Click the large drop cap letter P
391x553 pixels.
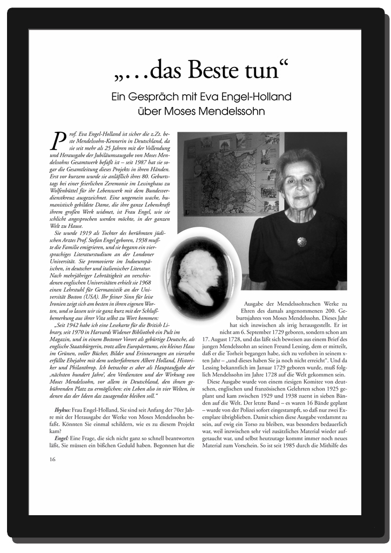(x=56, y=140)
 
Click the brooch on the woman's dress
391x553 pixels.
(x=301, y=241)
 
